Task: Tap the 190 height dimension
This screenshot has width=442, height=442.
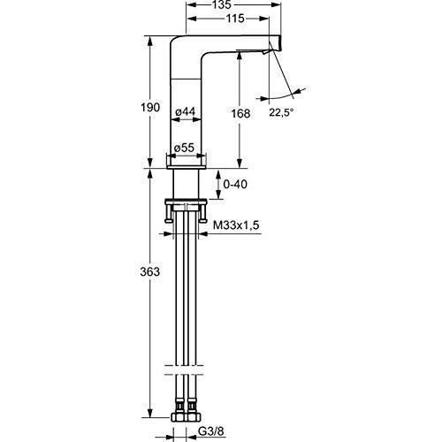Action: (151, 107)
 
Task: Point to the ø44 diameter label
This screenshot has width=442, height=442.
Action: (185, 111)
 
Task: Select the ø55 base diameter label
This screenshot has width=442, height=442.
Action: (184, 148)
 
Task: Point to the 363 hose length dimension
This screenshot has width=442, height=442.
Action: (151, 272)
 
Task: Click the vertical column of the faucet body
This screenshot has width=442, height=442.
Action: (187, 106)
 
